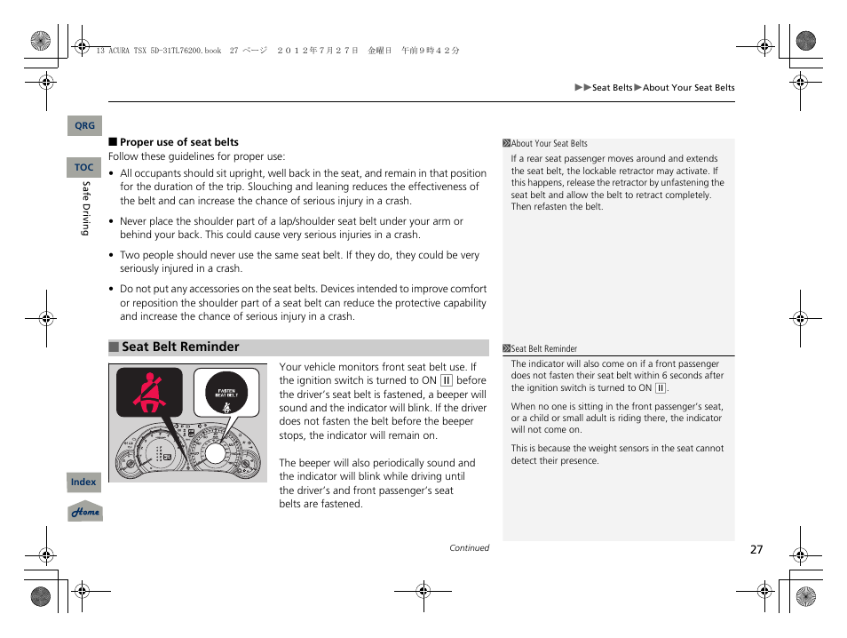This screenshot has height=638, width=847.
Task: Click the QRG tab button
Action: click(x=84, y=126)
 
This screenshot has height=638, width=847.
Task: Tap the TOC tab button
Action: click(x=84, y=167)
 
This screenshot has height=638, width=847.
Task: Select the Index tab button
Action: click(x=83, y=482)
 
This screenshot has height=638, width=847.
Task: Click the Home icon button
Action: click(x=85, y=512)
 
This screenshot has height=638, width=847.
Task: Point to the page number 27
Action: click(x=756, y=549)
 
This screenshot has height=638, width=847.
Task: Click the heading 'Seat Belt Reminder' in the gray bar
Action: click(x=180, y=347)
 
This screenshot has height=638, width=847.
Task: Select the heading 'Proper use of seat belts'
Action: click(x=179, y=142)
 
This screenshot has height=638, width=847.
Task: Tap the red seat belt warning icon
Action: click(x=149, y=393)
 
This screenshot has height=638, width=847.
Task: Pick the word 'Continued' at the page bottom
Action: click(x=469, y=548)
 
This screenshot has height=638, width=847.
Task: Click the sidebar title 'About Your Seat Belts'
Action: click(x=549, y=144)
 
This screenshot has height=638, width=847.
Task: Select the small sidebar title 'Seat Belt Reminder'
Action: click(x=543, y=349)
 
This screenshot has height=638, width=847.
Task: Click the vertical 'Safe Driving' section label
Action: click(x=86, y=209)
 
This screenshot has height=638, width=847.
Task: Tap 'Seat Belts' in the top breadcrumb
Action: click(x=612, y=88)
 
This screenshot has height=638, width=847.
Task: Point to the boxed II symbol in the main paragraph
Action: click(x=447, y=381)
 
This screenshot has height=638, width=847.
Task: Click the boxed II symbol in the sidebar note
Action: click(x=661, y=388)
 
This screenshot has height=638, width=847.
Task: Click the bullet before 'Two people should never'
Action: click(x=112, y=256)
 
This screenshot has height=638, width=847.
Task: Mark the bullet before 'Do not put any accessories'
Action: click(x=112, y=290)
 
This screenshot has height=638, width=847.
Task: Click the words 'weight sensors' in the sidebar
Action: click(x=613, y=449)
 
